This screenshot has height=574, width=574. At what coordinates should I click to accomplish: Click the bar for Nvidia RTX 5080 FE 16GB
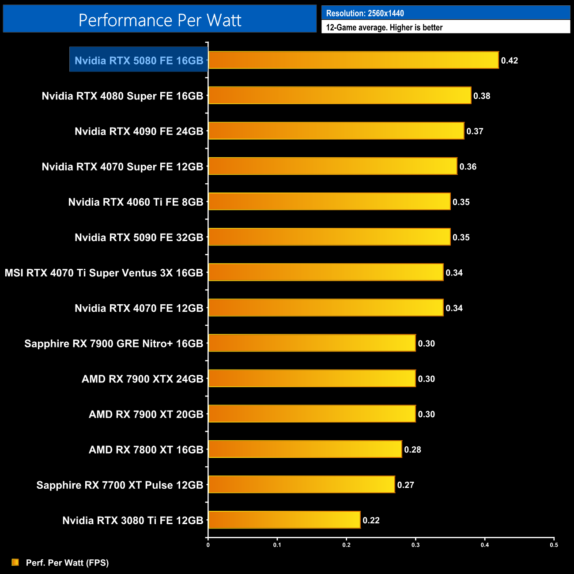[x=353, y=60]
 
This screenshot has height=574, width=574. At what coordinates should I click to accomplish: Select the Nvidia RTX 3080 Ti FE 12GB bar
[x=284, y=520]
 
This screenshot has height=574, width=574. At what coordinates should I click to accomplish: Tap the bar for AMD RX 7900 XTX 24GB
[x=312, y=378]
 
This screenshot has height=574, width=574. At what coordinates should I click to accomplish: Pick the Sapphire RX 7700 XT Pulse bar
[x=302, y=484]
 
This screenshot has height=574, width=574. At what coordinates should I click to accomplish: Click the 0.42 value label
[x=509, y=60]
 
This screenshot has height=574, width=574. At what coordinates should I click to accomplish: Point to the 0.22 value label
[x=371, y=520]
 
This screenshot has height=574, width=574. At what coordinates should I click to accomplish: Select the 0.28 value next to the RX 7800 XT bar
[x=412, y=449]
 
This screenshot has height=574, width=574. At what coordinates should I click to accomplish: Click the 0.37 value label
[x=475, y=131]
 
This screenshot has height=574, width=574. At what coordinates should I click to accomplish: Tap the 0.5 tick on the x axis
[x=554, y=545]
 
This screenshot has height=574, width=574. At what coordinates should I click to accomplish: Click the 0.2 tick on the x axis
[x=346, y=545]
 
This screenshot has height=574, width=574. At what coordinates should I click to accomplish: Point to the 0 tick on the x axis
[x=208, y=545]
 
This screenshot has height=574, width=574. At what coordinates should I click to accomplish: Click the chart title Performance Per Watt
[x=160, y=20]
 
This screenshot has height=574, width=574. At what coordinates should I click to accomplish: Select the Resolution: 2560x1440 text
[x=365, y=13]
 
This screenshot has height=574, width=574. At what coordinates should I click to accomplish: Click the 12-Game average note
[x=384, y=27]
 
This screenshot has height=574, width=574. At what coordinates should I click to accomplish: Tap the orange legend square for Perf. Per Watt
[x=15, y=562]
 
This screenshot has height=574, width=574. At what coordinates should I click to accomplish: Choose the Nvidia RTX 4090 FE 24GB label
[x=139, y=131]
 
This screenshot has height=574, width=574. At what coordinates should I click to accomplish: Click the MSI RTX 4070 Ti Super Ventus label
[x=104, y=273]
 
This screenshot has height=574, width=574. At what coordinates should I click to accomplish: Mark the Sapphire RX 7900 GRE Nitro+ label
[x=113, y=344]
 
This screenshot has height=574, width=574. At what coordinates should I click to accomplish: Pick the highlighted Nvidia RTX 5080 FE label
[x=139, y=60]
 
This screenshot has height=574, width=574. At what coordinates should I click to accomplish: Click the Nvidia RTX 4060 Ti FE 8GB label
[x=136, y=202]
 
